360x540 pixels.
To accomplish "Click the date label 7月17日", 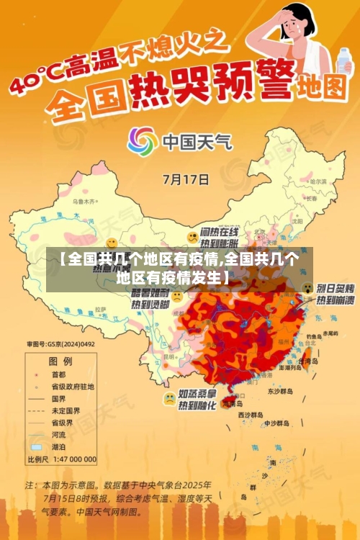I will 186,178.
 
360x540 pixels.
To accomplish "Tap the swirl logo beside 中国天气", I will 142,140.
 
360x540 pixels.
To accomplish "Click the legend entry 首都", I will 58,374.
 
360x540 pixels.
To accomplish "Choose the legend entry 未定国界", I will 65,410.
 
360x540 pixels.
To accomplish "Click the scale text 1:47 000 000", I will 72,459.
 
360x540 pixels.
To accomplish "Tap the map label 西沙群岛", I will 250,415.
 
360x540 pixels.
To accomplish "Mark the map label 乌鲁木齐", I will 84,202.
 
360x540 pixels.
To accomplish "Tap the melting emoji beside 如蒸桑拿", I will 169,398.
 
